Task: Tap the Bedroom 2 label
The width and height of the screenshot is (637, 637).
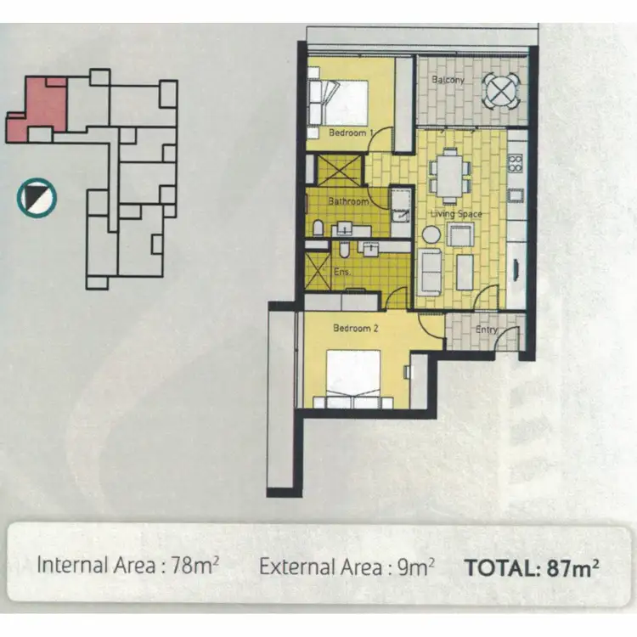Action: click(x=356, y=328)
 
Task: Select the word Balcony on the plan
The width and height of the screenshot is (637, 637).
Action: click(x=447, y=80)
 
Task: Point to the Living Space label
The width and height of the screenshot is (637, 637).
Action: click(x=459, y=214)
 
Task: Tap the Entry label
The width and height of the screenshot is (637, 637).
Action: click(x=487, y=330)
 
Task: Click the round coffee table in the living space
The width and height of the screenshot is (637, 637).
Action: click(x=432, y=234)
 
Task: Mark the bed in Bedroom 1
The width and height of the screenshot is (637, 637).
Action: click(x=341, y=100)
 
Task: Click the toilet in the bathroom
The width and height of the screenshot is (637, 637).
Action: click(x=317, y=227)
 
